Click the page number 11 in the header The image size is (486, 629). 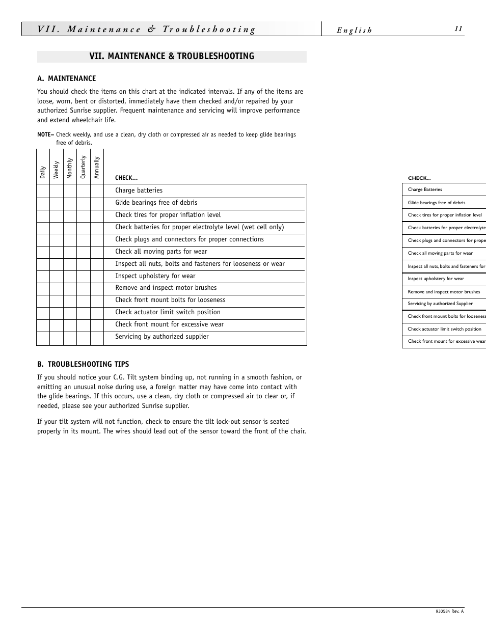click(458, 29)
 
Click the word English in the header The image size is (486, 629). click(354, 31)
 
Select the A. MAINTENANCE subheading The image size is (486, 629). click(66, 78)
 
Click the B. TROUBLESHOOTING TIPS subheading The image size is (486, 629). click(83, 364)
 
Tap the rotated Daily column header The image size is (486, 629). click(43, 172)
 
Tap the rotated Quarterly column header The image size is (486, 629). click(84, 167)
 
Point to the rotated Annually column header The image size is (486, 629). click(97, 168)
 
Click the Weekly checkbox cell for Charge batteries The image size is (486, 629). click(57, 190)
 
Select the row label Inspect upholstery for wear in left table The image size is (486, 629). click(155, 276)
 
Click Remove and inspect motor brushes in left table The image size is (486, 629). click(166, 288)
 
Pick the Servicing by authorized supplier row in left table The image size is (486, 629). click(162, 337)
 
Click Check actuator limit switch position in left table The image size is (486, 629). click(168, 312)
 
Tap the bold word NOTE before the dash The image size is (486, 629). click(44, 135)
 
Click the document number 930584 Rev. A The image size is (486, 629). click(449, 612)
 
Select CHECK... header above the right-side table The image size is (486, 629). click(419, 178)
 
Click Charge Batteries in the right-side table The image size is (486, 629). click(425, 189)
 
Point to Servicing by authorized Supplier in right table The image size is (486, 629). click(440, 304)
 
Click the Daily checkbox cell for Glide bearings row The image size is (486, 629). click(43, 203)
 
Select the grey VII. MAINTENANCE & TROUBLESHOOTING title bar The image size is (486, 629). click(172, 57)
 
